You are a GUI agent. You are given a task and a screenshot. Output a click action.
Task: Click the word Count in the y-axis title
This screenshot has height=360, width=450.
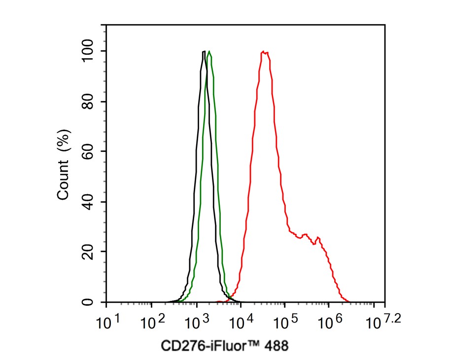coord(64,182)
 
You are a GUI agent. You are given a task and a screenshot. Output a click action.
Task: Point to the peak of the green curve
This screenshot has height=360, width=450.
coord(209,51)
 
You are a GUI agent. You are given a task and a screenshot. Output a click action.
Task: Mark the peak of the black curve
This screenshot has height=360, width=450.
coord(204,51)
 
